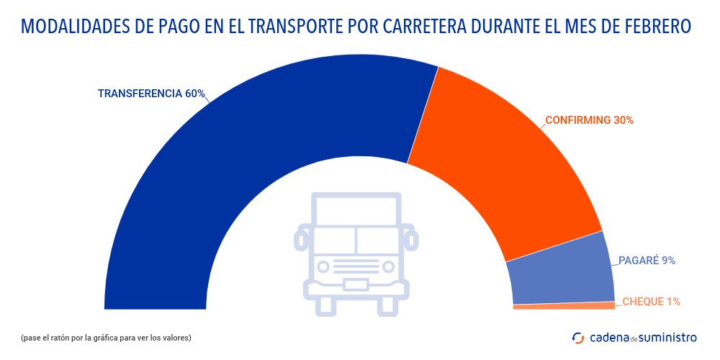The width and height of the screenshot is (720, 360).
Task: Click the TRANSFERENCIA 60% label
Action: [x=151, y=94]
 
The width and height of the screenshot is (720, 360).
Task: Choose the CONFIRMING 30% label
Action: [x=589, y=120]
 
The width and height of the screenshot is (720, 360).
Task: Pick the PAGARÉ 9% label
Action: [x=647, y=261]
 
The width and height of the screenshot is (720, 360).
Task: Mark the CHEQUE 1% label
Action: [x=651, y=302]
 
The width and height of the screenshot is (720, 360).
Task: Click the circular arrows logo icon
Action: [x=577, y=337]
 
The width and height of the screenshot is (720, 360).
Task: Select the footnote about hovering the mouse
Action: [x=106, y=337]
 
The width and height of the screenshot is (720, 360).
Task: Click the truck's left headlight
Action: [x=324, y=267]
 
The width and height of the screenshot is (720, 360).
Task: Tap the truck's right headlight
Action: [x=388, y=267]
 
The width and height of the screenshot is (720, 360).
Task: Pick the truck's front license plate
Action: [x=356, y=284]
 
